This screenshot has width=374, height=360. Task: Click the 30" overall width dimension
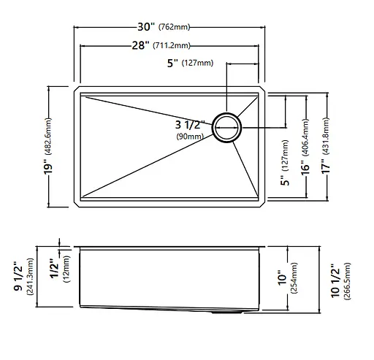[x=146, y=27]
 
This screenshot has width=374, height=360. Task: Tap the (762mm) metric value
[x=174, y=27]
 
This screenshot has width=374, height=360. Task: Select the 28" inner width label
[x=140, y=45]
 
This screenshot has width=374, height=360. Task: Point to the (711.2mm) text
[x=172, y=45]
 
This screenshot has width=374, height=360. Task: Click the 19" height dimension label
[x=48, y=166]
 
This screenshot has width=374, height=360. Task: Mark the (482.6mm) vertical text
[x=48, y=137]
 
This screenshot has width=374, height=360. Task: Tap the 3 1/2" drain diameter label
[x=190, y=125]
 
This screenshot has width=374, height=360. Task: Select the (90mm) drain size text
[x=190, y=136]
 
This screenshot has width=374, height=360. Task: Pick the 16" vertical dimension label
[x=305, y=167]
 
